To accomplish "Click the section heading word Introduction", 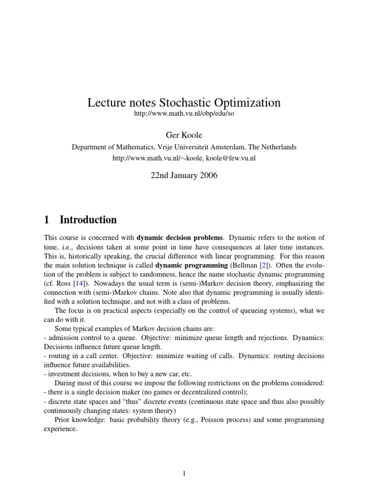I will [x=88, y=220].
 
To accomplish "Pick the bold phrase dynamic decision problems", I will [x=180, y=238].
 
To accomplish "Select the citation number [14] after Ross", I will [x=77, y=284].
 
